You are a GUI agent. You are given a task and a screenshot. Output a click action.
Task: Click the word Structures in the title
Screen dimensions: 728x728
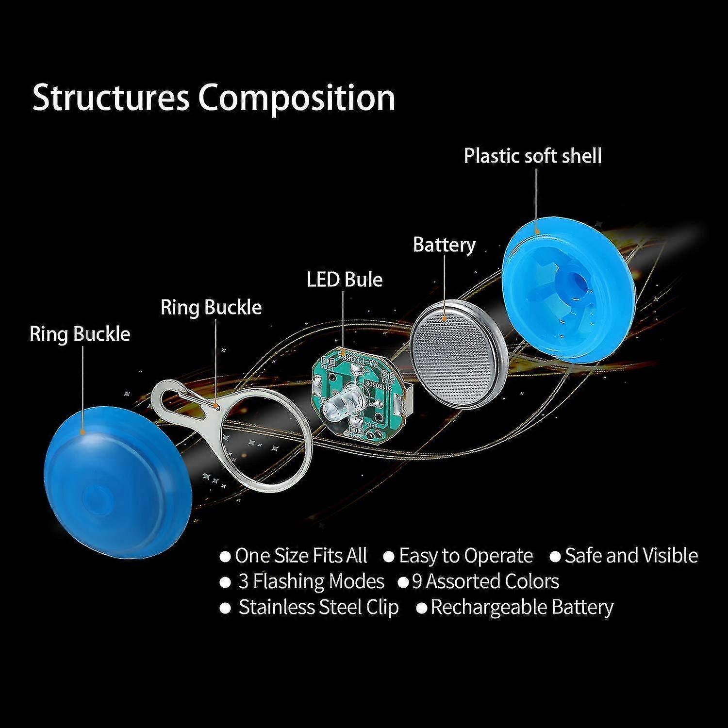pyautogui.click(x=110, y=98)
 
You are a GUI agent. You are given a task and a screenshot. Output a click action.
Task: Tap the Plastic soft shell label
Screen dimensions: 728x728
pyautogui.click(x=532, y=156)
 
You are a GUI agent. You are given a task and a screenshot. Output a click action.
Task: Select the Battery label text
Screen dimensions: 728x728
pyautogui.click(x=444, y=245)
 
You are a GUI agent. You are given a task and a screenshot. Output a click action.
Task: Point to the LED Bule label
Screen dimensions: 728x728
pyautogui.click(x=345, y=280)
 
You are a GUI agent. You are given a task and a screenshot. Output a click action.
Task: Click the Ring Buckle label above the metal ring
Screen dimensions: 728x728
pyautogui.click(x=211, y=308)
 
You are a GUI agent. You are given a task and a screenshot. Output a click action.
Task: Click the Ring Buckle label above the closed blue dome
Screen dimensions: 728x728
pyautogui.click(x=80, y=334)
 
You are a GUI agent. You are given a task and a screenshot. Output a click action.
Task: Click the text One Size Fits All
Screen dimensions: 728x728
pyautogui.click(x=300, y=556)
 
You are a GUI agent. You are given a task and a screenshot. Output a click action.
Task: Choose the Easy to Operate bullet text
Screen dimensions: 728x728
pyautogui.click(x=465, y=556)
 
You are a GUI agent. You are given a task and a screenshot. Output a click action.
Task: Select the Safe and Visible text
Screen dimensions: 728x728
pyautogui.click(x=631, y=556)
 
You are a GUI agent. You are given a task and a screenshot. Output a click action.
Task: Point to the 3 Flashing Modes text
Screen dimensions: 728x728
pyautogui.click(x=311, y=581)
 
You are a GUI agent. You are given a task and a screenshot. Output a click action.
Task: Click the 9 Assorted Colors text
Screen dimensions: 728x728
pyautogui.click(x=485, y=581)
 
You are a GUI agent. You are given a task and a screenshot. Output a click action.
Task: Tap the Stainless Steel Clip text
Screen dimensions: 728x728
pyautogui.click(x=318, y=607)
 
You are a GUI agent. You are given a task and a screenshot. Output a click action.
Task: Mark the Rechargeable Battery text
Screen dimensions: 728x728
pyautogui.click(x=522, y=608)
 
